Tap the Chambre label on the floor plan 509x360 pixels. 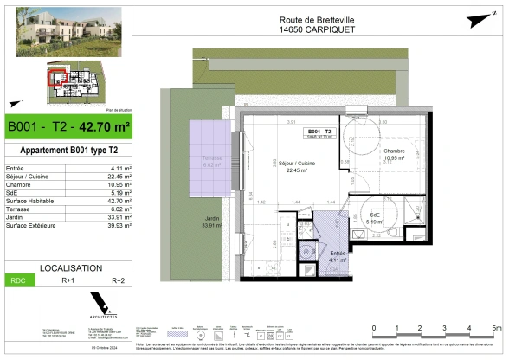pos(396,152)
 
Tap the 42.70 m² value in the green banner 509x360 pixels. pos(105,127)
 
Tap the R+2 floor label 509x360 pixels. pos(119,281)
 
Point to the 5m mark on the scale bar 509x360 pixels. pos(494,328)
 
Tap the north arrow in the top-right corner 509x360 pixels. pos(474,19)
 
